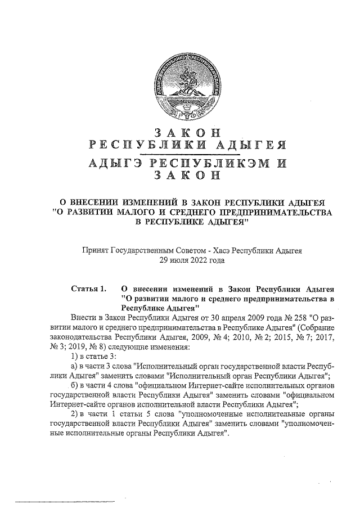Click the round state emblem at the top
(188, 88)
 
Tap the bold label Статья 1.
(89, 290)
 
